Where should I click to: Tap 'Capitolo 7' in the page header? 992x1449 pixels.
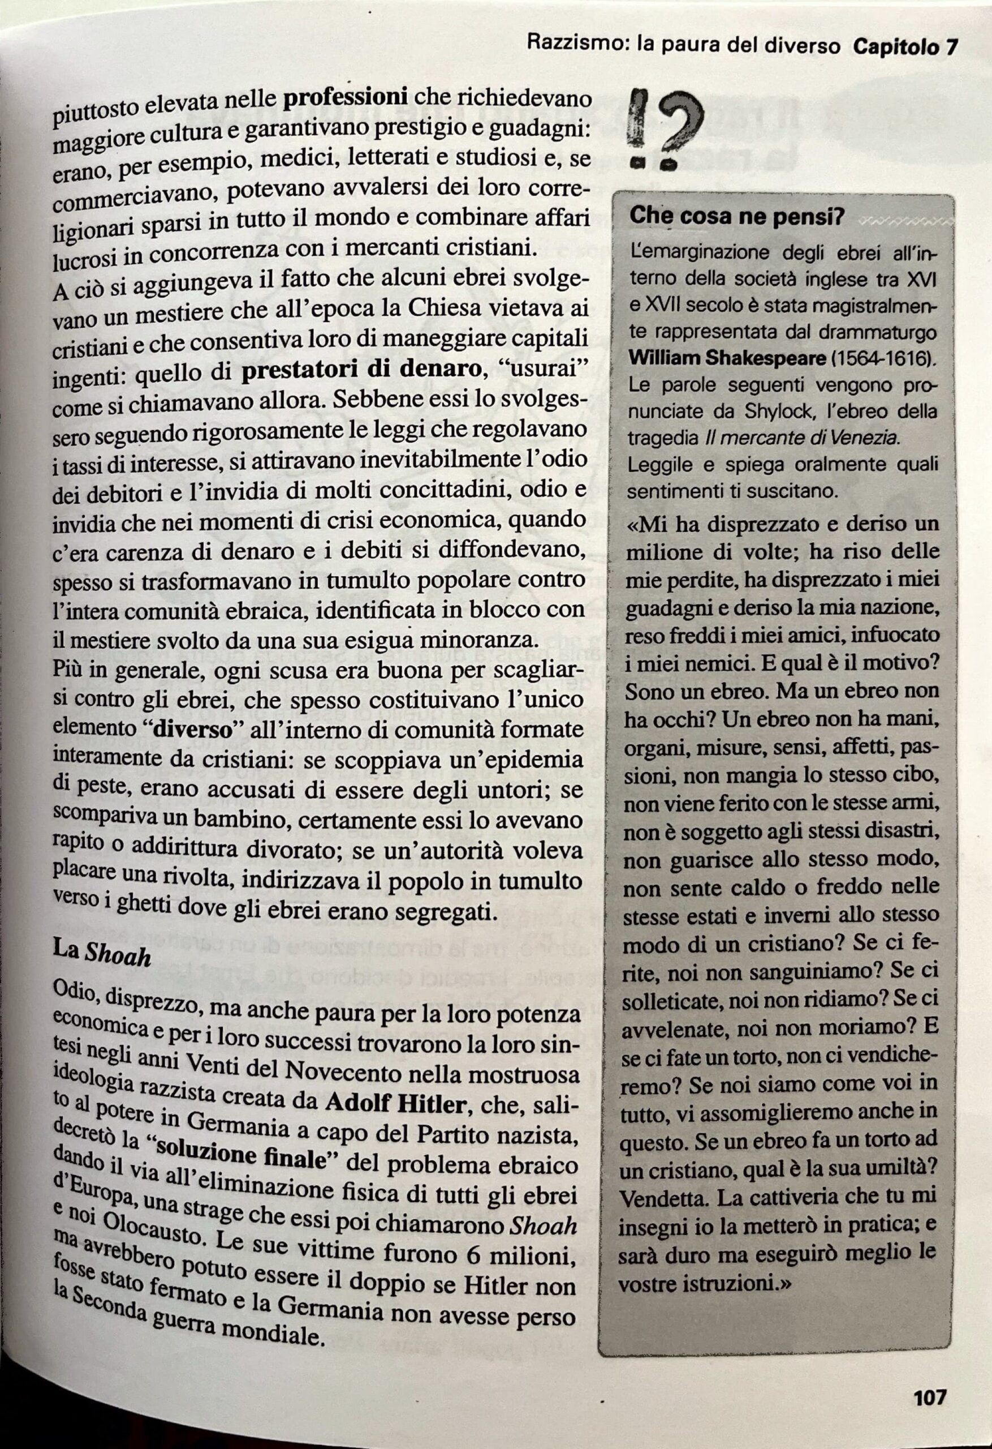pos(904,47)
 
